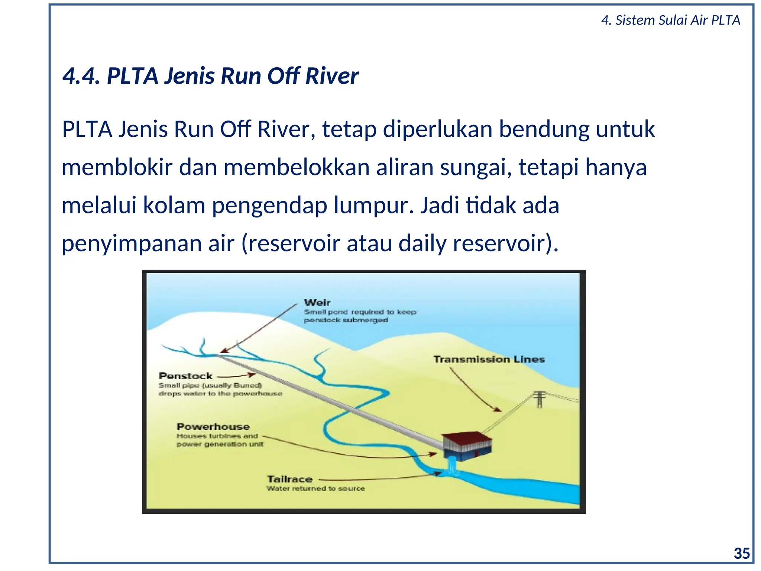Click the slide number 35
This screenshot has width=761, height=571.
tap(741, 554)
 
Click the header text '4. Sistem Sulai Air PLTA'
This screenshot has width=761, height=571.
tap(670, 20)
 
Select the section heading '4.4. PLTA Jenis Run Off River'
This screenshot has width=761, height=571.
tap(210, 76)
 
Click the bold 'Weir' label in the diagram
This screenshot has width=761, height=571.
tap(317, 303)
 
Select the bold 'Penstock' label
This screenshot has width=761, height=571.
tap(185, 376)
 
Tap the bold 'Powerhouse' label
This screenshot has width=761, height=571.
tap(213, 427)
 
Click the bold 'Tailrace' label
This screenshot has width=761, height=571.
tap(290, 479)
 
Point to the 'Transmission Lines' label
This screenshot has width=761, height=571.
tap(489, 359)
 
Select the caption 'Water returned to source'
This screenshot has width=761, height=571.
tap(316, 488)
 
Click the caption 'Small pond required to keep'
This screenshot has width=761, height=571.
tap(360, 312)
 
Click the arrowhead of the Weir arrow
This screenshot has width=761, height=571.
tap(224, 350)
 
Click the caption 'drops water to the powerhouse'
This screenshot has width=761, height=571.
tap(220, 394)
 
